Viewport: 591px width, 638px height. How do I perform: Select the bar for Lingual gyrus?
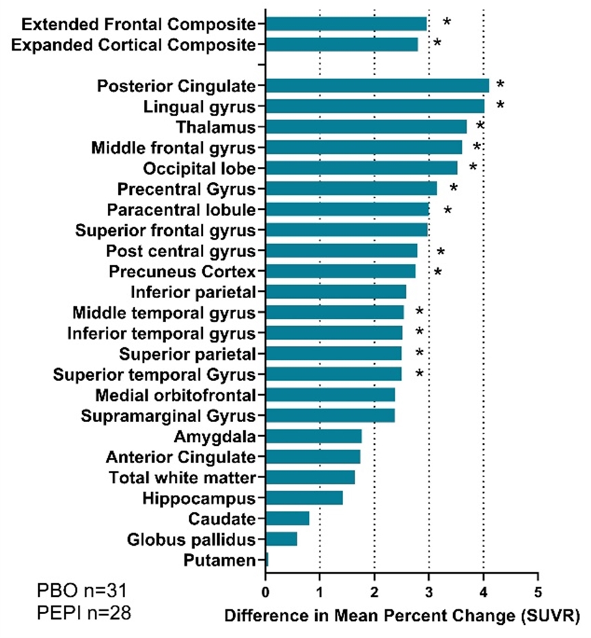point(375,106)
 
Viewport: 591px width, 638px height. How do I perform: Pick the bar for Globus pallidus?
point(281,540)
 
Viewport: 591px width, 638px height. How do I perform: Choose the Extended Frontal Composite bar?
point(346,24)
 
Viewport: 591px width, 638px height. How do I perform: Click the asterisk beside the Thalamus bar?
point(480,126)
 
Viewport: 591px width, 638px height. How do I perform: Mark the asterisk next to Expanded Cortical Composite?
point(437,44)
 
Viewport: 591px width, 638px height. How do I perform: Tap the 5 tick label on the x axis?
point(538,590)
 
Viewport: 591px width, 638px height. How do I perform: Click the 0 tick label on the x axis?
point(265,590)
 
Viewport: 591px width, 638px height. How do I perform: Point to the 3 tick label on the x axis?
point(428,590)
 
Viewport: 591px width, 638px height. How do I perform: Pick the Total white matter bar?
point(310,477)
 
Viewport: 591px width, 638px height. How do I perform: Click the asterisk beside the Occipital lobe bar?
point(473,168)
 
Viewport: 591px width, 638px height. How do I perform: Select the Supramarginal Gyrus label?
point(169,416)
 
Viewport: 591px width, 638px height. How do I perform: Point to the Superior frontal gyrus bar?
point(346,230)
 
